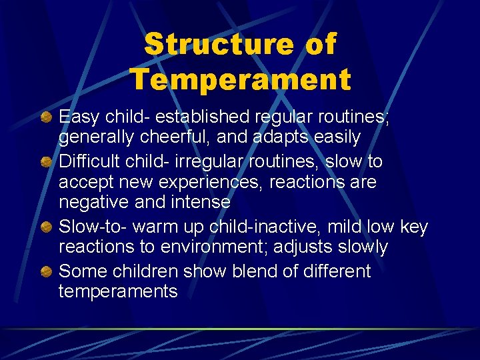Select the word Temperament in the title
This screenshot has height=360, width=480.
(240, 79)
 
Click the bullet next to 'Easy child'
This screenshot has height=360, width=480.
(46, 118)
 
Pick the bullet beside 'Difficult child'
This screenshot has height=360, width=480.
(46, 162)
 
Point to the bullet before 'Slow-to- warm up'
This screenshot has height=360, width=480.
(46, 228)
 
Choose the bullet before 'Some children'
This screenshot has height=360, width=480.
(46, 272)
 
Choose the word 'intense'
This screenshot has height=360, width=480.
(199, 202)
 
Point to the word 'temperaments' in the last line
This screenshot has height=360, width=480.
(118, 292)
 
